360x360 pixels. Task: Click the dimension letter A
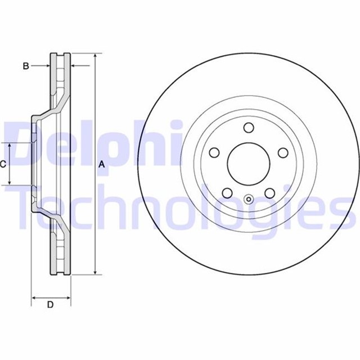[102, 164]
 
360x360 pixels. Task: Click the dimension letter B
[25, 66]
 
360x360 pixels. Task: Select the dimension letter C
[3, 164]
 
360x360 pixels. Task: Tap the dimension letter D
[50, 305]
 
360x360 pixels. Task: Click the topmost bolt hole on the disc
[249, 128]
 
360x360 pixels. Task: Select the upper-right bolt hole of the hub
[283, 152]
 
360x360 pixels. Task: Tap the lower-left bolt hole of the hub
[227, 192]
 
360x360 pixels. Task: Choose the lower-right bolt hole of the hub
[270, 192]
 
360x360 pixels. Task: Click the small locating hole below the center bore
[249, 198]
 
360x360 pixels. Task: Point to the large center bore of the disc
[249, 164]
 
